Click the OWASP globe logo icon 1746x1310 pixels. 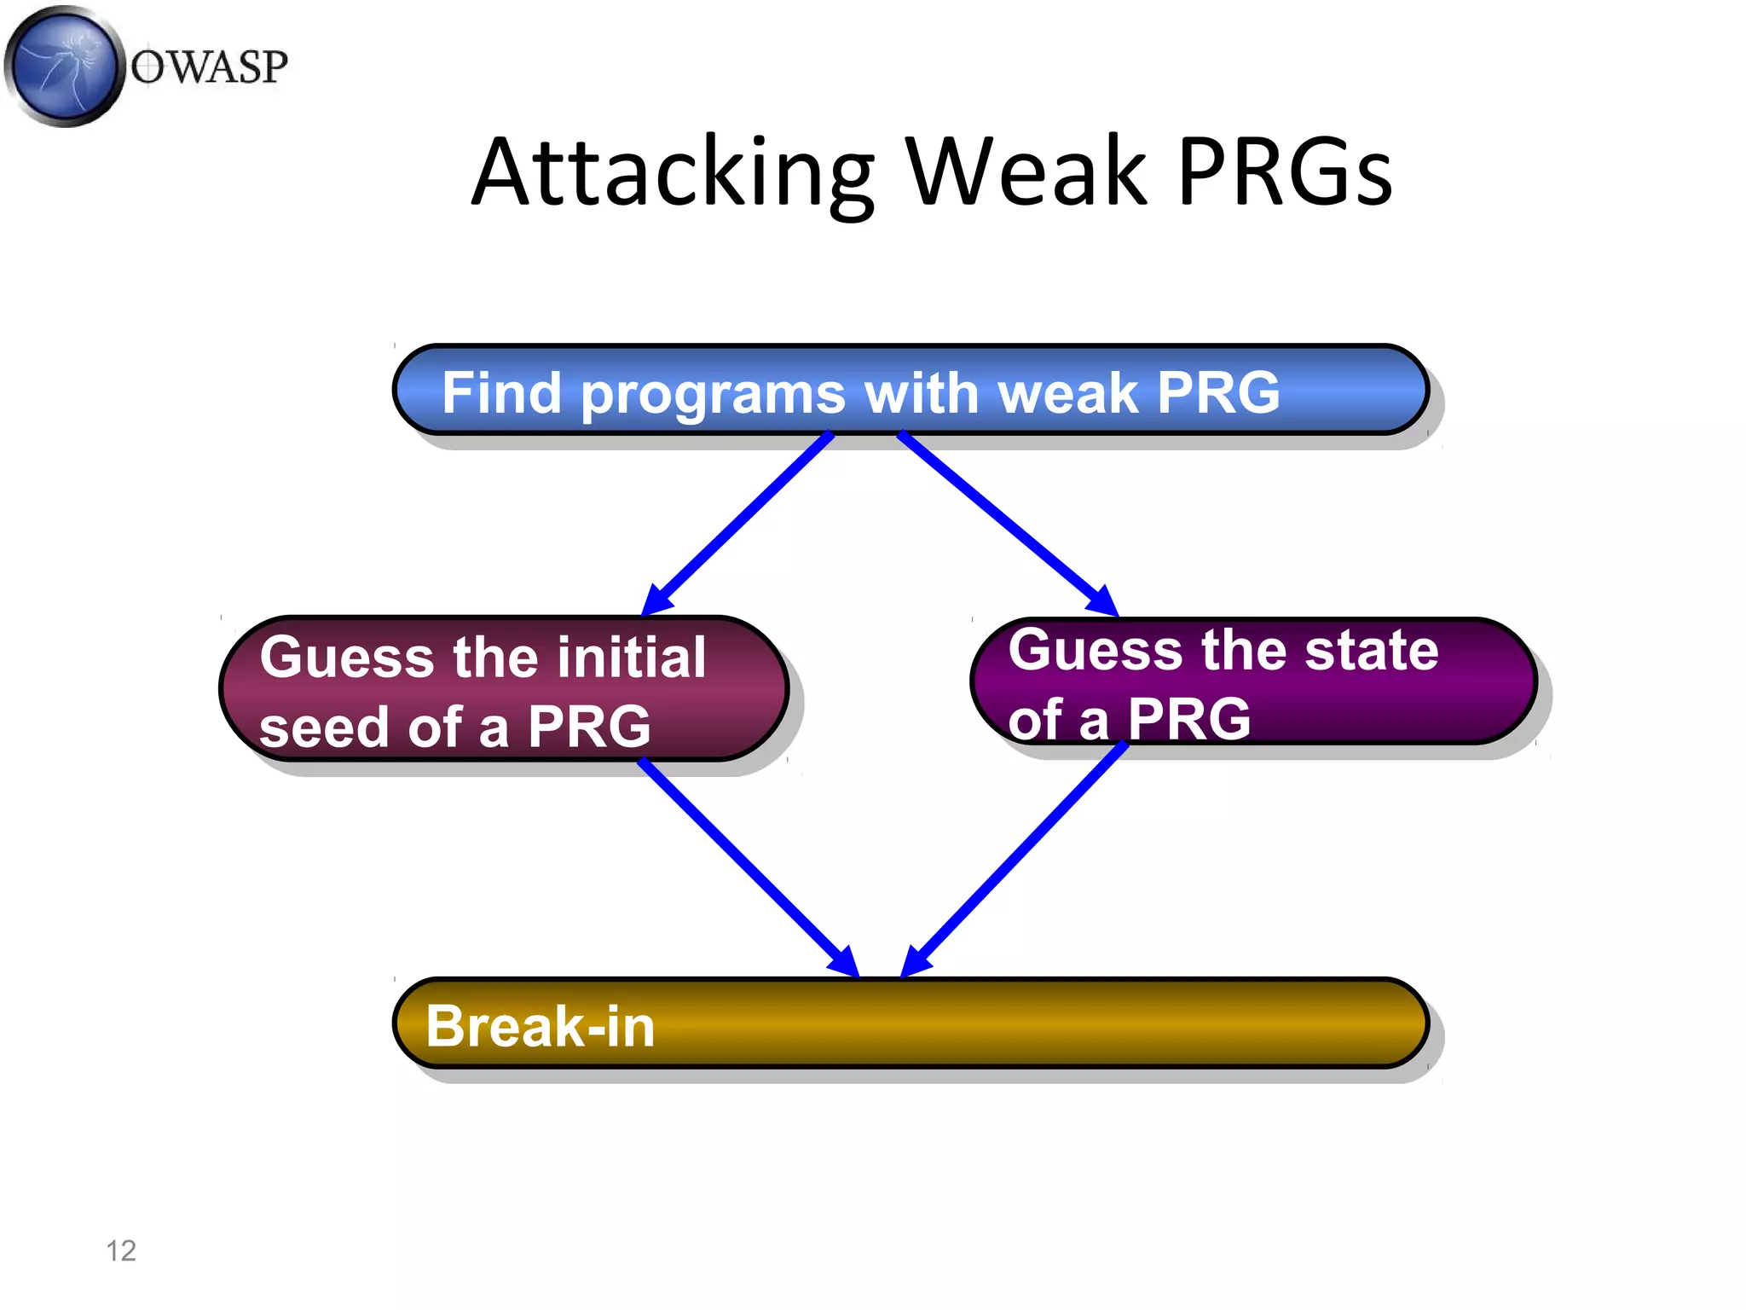pos(64,67)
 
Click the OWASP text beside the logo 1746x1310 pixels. pos(209,67)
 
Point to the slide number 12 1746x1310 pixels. pos(121,1250)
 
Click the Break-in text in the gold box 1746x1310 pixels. pos(540,1026)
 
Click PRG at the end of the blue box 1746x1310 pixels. pos(1218,393)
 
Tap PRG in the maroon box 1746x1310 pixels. pos(588,727)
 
